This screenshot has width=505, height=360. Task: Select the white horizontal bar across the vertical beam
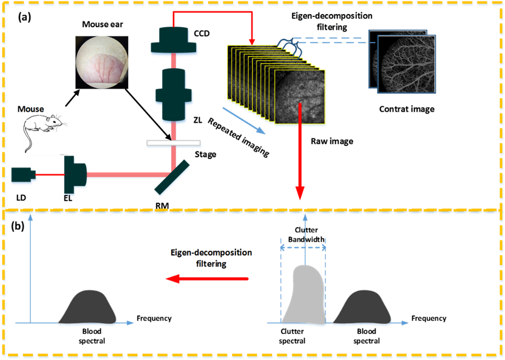pos(174,144)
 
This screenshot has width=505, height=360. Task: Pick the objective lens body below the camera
pos(174,93)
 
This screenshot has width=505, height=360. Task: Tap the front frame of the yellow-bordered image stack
pos(300,97)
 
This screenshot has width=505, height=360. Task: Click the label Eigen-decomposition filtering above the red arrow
pos(211,257)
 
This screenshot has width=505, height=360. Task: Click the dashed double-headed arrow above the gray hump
pos(303,247)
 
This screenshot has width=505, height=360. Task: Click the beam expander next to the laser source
pos(75,175)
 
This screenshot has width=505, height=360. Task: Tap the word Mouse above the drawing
pos(33,110)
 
